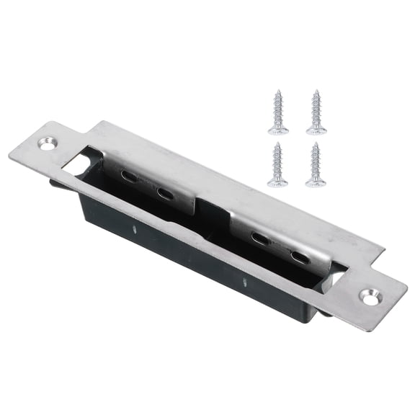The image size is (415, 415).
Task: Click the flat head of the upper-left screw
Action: click(278, 130)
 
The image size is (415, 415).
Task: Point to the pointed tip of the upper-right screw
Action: click(316, 92)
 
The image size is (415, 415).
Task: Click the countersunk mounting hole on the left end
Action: click(47, 144)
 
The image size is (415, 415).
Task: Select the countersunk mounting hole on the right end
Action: click(371, 295)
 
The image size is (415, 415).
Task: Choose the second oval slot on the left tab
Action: click(165, 193)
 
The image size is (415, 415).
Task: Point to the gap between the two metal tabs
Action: click(213, 213)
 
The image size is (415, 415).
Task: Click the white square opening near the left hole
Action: click(76, 161)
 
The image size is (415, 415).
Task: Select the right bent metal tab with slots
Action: click(277, 241)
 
